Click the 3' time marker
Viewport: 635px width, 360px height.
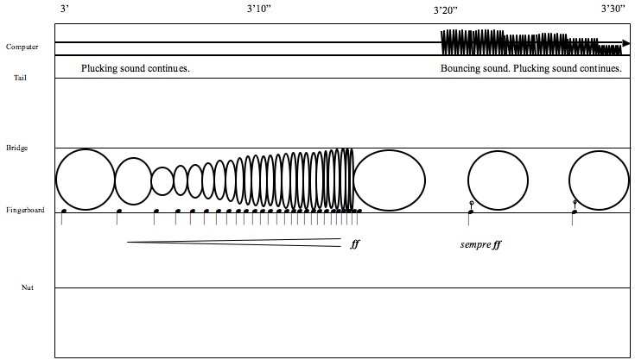click(65, 9)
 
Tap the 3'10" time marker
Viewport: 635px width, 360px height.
click(259, 9)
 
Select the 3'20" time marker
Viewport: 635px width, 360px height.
click(446, 10)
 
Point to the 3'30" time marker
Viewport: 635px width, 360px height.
click(613, 9)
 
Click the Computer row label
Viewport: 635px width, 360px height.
click(22, 47)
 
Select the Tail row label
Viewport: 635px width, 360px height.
click(20, 78)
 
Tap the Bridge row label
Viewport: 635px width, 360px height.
click(17, 148)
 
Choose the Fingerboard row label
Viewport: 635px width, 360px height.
click(25, 210)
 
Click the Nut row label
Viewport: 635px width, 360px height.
click(28, 287)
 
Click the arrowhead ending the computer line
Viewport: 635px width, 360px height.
click(626, 43)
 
